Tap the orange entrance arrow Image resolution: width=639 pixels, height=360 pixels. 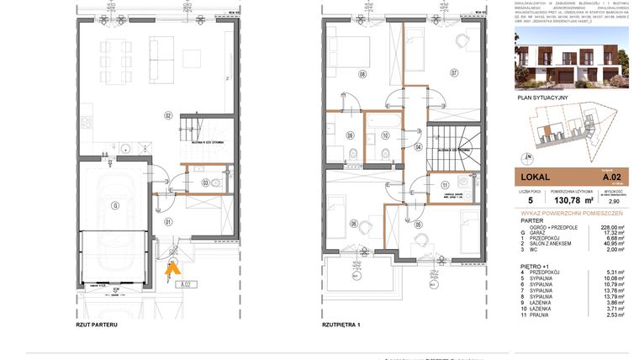coord(172,267)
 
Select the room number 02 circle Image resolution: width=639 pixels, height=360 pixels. coord(168,115)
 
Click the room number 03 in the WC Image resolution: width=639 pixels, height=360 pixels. coord(206,182)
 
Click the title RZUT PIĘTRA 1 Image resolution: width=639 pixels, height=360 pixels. coord(341,324)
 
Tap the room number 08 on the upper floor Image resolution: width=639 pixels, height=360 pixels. coord(362,74)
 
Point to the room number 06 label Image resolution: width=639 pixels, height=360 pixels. coord(354,223)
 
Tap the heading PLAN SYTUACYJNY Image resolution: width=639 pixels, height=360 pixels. coord(543,98)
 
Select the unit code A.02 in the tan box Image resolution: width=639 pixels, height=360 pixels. coord(611,177)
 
